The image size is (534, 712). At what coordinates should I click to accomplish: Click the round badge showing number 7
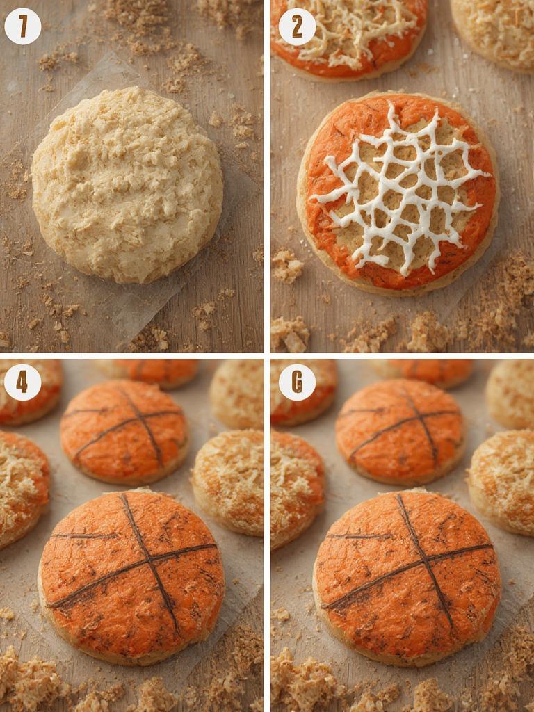click(x=23, y=26)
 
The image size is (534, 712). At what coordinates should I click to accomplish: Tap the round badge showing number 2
click(x=297, y=26)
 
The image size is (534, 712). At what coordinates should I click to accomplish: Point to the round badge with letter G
click(x=297, y=382)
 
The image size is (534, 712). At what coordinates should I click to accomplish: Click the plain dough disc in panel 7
click(x=127, y=184)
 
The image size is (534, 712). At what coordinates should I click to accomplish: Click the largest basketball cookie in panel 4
click(x=132, y=577)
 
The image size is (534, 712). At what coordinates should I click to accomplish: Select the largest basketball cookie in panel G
click(x=407, y=577)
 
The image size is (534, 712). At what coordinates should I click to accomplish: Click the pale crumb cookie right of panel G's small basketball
click(x=504, y=480)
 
